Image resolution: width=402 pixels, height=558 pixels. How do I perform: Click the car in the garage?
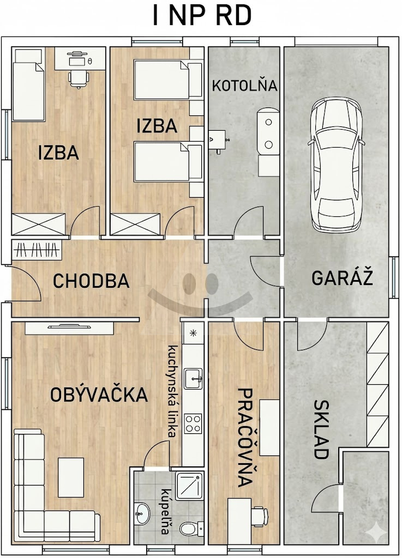click(336, 165)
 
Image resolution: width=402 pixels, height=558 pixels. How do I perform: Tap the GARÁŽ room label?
click(342, 278)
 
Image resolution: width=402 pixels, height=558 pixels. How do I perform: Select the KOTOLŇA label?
click(244, 86)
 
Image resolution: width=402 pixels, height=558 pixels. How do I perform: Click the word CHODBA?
click(91, 281)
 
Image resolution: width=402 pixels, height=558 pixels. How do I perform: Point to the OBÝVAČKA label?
click(99, 395)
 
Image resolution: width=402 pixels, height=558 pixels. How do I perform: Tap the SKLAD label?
click(321, 429)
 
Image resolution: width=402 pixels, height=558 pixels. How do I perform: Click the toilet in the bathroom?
click(190, 527)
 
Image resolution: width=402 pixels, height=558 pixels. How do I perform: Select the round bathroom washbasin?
click(142, 513)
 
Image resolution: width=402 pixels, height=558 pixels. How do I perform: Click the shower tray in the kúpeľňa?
click(189, 486)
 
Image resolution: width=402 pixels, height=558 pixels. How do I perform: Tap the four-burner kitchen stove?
click(193, 423)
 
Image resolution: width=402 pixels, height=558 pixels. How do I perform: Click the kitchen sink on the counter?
click(193, 379)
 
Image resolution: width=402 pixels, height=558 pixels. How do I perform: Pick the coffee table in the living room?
click(71, 477)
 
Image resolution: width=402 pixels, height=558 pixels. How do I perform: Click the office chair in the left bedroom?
click(79, 78)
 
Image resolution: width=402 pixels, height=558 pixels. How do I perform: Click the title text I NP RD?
click(202, 16)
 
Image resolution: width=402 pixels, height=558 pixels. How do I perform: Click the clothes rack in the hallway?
click(37, 250)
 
